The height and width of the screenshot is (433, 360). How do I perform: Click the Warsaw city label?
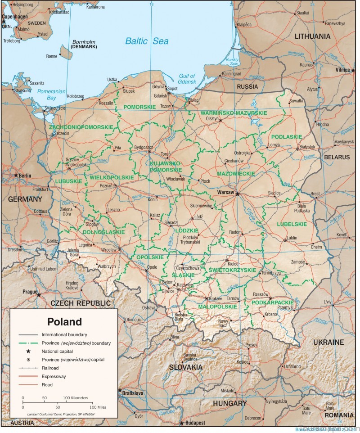(x=225, y=192)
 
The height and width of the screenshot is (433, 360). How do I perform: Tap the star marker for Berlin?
(x=16, y=175)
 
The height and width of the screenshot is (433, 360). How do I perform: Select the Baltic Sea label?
(x=147, y=41)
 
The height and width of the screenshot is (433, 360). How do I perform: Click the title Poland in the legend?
(x=65, y=322)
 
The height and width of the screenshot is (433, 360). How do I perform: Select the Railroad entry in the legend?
(x=51, y=368)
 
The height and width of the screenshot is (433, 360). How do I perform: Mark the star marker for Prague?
(x=38, y=295)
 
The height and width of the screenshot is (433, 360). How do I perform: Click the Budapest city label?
(x=194, y=423)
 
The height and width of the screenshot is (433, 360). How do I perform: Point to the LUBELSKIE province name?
(x=292, y=224)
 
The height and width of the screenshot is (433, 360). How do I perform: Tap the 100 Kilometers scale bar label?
(x=76, y=398)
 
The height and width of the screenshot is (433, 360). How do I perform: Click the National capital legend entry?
(x=57, y=351)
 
